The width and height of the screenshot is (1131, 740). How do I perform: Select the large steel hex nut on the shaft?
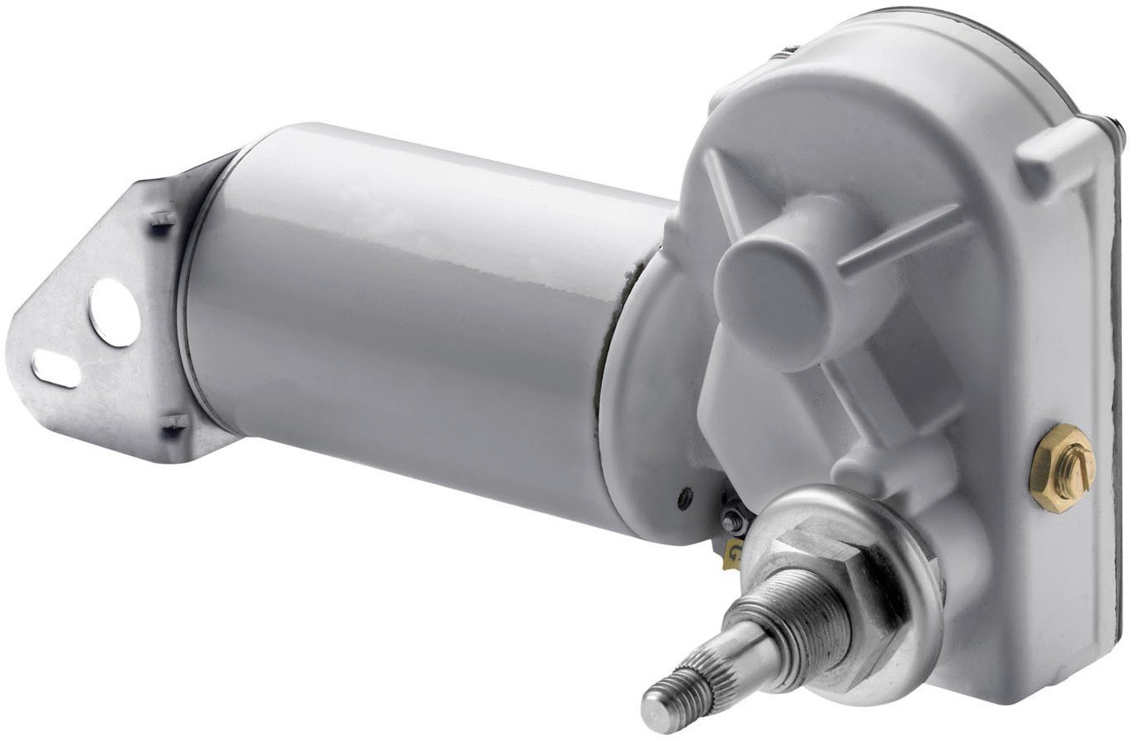pyautogui.click(x=826, y=569)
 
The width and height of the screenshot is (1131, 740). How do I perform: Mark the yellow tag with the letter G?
pyautogui.click(x=731, y=554)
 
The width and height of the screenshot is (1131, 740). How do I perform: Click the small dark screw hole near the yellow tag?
pyautogui.click(x=682, y=497)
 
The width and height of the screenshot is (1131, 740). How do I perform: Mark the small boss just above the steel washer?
pyautogui.click(x=859, y=462)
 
